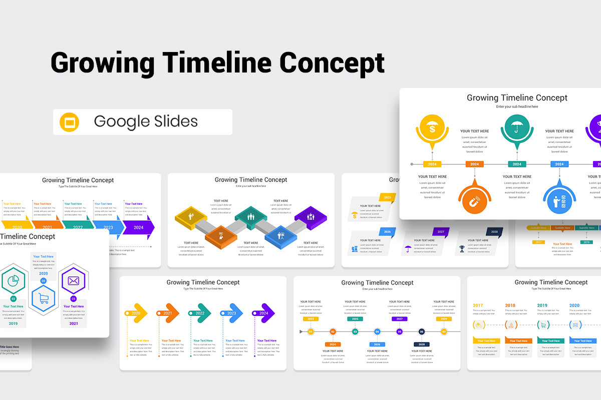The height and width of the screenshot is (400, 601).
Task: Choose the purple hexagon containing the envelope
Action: [x=74, y=281]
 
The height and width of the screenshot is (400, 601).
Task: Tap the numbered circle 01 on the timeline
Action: [x=311, y=331]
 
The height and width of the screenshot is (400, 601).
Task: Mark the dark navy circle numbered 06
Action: [x=422, y=331]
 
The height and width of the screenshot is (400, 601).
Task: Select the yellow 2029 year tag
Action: [x=443, y=318]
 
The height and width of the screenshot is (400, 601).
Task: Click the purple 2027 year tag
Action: [x=399, y=318]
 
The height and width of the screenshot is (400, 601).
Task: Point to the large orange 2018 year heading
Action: [x=510, y=305]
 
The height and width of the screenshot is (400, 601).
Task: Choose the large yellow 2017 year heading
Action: [x=478, y=305]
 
